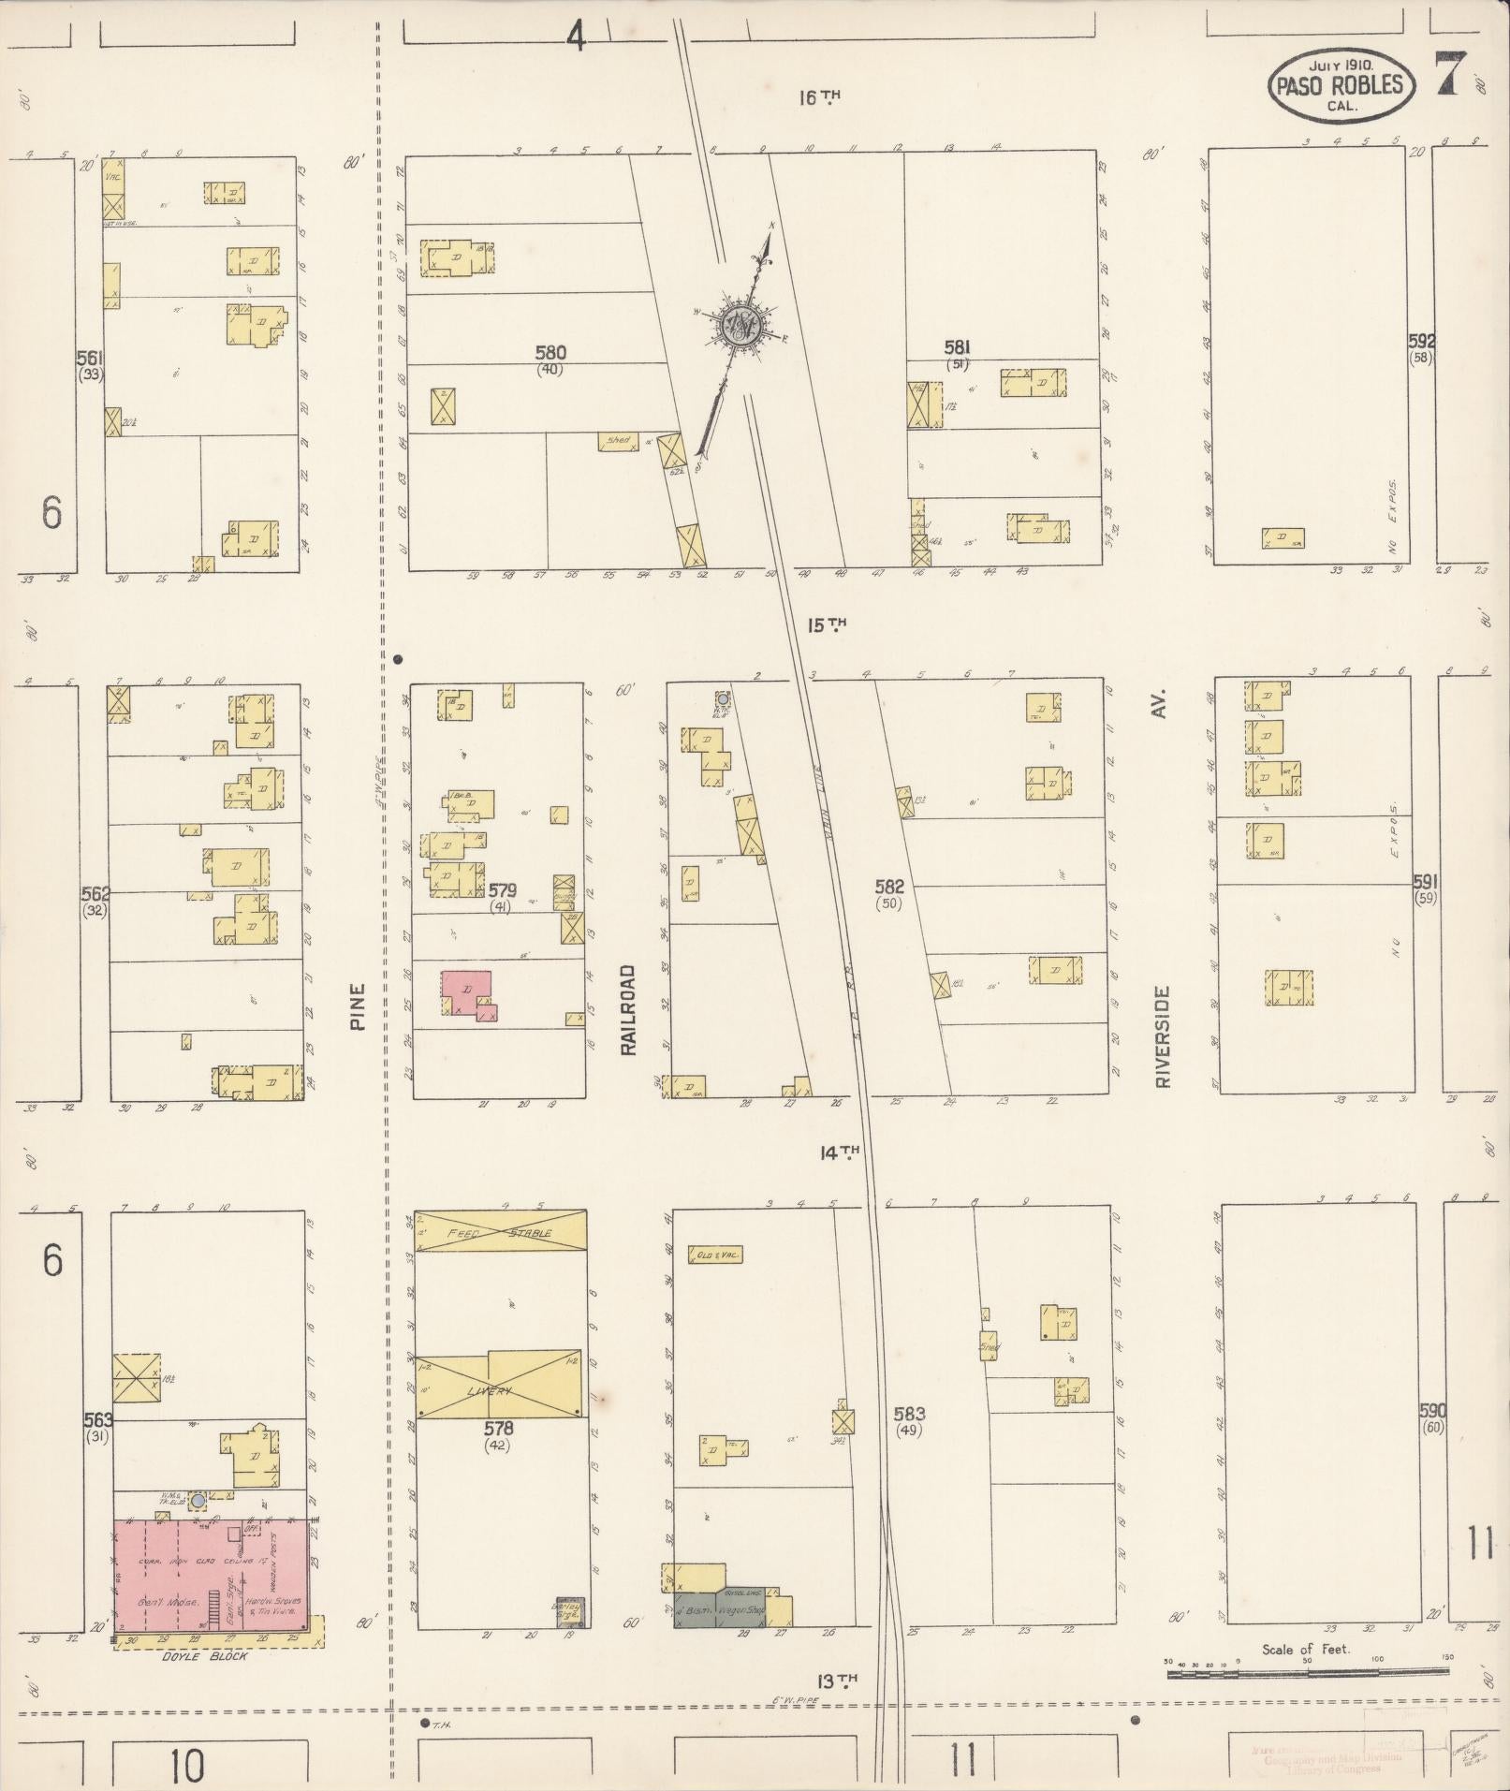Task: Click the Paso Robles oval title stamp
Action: pyautogui.click(x=1339, y=84)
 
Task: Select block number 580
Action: pyautogui.click(x=550, y=353)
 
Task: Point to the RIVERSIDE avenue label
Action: pyautogui.click(x=1163, y=1035)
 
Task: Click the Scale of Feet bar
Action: pyautogui.click(x=1307, y=1671)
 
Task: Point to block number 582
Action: pyautogui.click(x=888, y=885)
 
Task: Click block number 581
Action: pyautogui.click(x=957, y=348)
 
